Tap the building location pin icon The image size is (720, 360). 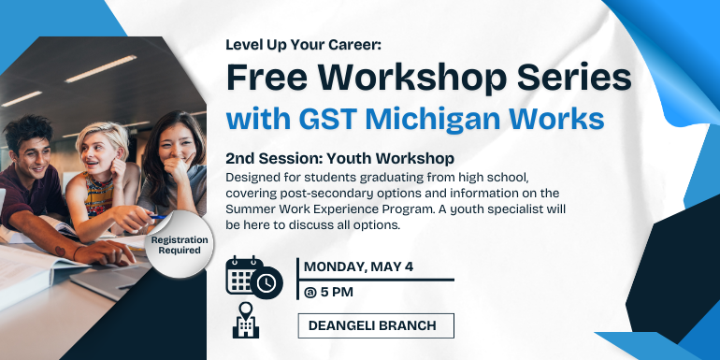pos(246,322)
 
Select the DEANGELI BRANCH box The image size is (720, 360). pos(376,325)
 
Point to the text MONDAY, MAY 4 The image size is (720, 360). pos(358,266)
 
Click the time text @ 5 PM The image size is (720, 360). pos(332,293)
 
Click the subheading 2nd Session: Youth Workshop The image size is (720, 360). pos(340,159)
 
